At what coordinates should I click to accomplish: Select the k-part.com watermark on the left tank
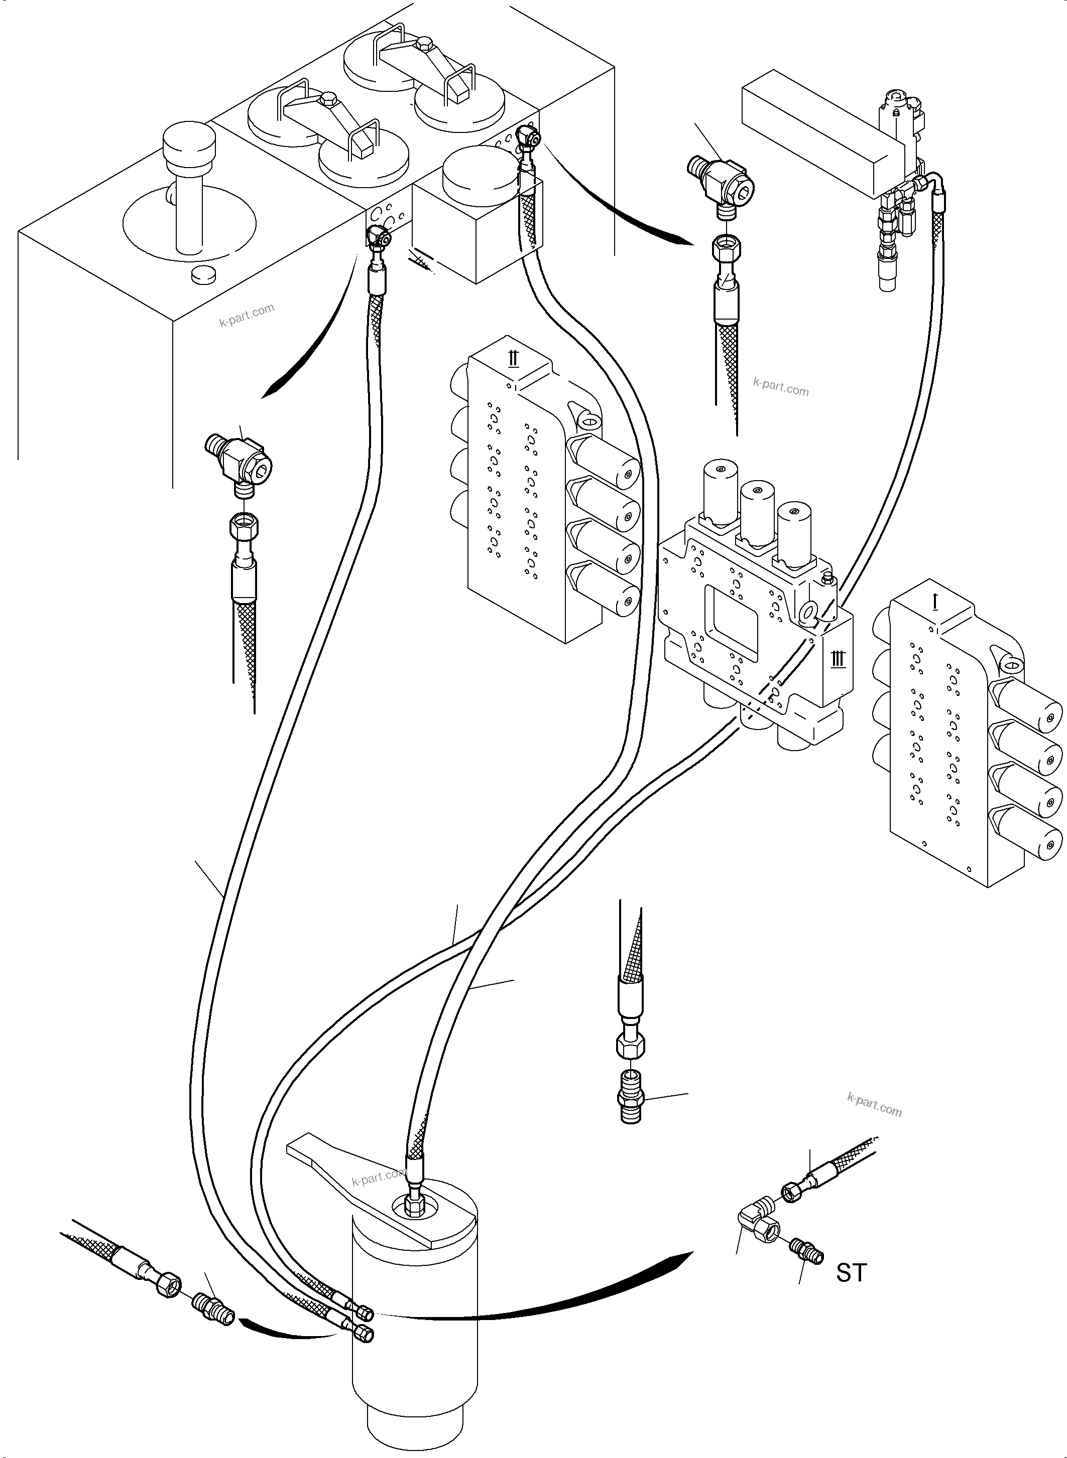(x=247, y=315)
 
